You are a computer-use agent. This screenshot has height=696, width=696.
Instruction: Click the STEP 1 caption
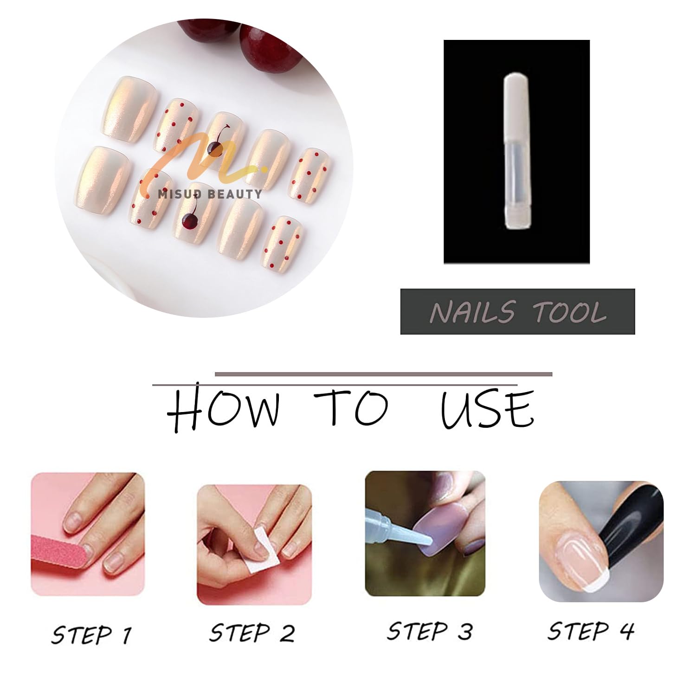click(x=91, y=635)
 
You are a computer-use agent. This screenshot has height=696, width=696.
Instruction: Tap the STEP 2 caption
click(x=252, y=633)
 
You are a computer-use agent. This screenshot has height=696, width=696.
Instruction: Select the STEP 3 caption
click(x=430, y=632)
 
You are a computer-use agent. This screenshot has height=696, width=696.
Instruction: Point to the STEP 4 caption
click(x=591, y=631)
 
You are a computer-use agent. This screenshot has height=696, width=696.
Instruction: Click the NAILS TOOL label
click(x=518, y=312)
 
